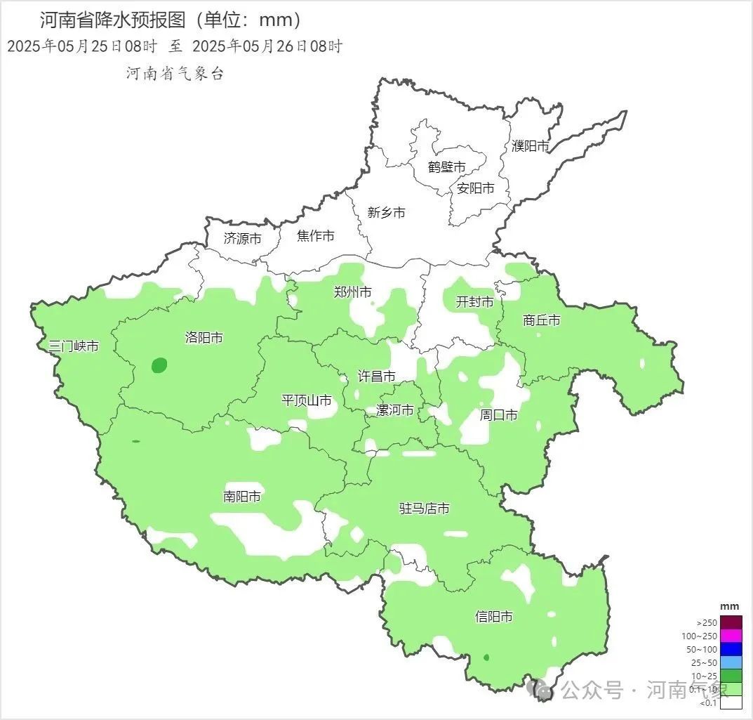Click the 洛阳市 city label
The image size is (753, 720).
click(x=204, y=338)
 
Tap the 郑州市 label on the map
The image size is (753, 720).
click(x=352, y=292)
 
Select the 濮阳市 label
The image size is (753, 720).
click(x=530, y=145)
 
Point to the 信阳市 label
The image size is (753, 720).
click(x=493, y=617)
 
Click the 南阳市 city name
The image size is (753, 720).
click(x=242, y=497)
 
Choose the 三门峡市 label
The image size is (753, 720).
click(x=73, y=346)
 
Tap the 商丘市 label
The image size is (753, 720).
click(x=542, y=320)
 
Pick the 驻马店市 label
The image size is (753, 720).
click(x=424, y=508)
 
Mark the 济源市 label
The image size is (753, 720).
click(x=242, y=238)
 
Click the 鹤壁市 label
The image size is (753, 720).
click(x=446, y=167)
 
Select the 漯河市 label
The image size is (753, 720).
click(x=394, y=410)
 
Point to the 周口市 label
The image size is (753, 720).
click(x=498, y=415)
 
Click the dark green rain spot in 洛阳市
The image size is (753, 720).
click(x=159, y=365)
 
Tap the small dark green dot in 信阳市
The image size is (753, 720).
click(x=486, y=658)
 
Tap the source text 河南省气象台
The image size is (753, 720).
click(x=175, y=74)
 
